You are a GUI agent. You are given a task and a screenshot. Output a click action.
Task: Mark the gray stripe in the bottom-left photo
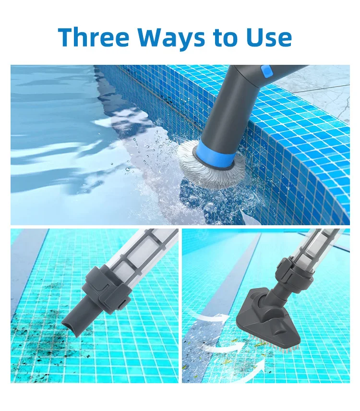click(26, 269)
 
